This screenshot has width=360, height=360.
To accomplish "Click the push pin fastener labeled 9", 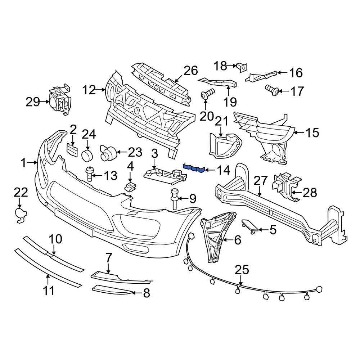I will click(x=175, y=197).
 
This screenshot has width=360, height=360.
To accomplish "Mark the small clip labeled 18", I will click(x=241, y=66).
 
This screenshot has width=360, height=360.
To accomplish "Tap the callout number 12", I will click(x=89, y=89).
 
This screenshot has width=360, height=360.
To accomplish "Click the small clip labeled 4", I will click(x=130, y=185).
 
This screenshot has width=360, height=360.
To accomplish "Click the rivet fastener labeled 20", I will click(x=207, y=94).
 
